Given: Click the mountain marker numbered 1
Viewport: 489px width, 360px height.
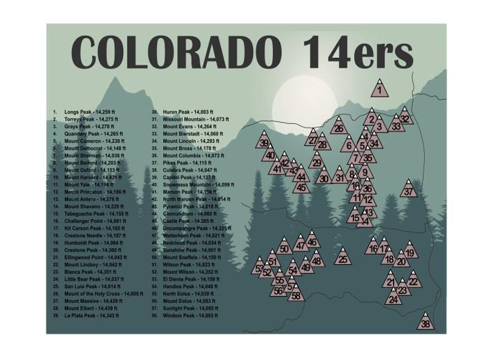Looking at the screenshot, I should pyautogui.click(x=380, y=89).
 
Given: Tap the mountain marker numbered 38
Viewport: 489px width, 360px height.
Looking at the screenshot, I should pyautogui.click(x=426, y=322).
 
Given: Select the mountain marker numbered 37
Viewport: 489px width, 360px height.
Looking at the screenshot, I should pyautogui.click(x=409, y=190).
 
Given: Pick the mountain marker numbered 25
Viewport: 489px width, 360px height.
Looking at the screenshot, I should pyautogui.click(x=343, y=258).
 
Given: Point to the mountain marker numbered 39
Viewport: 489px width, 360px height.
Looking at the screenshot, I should pyautogui.click(x=264, y=142).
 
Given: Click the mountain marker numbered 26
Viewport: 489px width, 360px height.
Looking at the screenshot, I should pyautogui.click(x=339, y=127).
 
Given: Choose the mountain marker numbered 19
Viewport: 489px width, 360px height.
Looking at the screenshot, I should pyautogui.click(x=409, y=251).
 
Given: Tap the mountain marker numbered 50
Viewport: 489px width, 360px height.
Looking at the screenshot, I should pyautogui.click(x=284, y=247).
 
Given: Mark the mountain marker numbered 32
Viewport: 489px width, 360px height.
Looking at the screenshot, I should pyautogui.click(x=405, y=118).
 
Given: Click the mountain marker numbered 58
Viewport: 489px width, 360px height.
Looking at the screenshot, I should pyautogui.click(x=297, y=294).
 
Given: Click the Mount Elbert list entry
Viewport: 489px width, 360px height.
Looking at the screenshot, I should pyautogui.click(x=92, y=307).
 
